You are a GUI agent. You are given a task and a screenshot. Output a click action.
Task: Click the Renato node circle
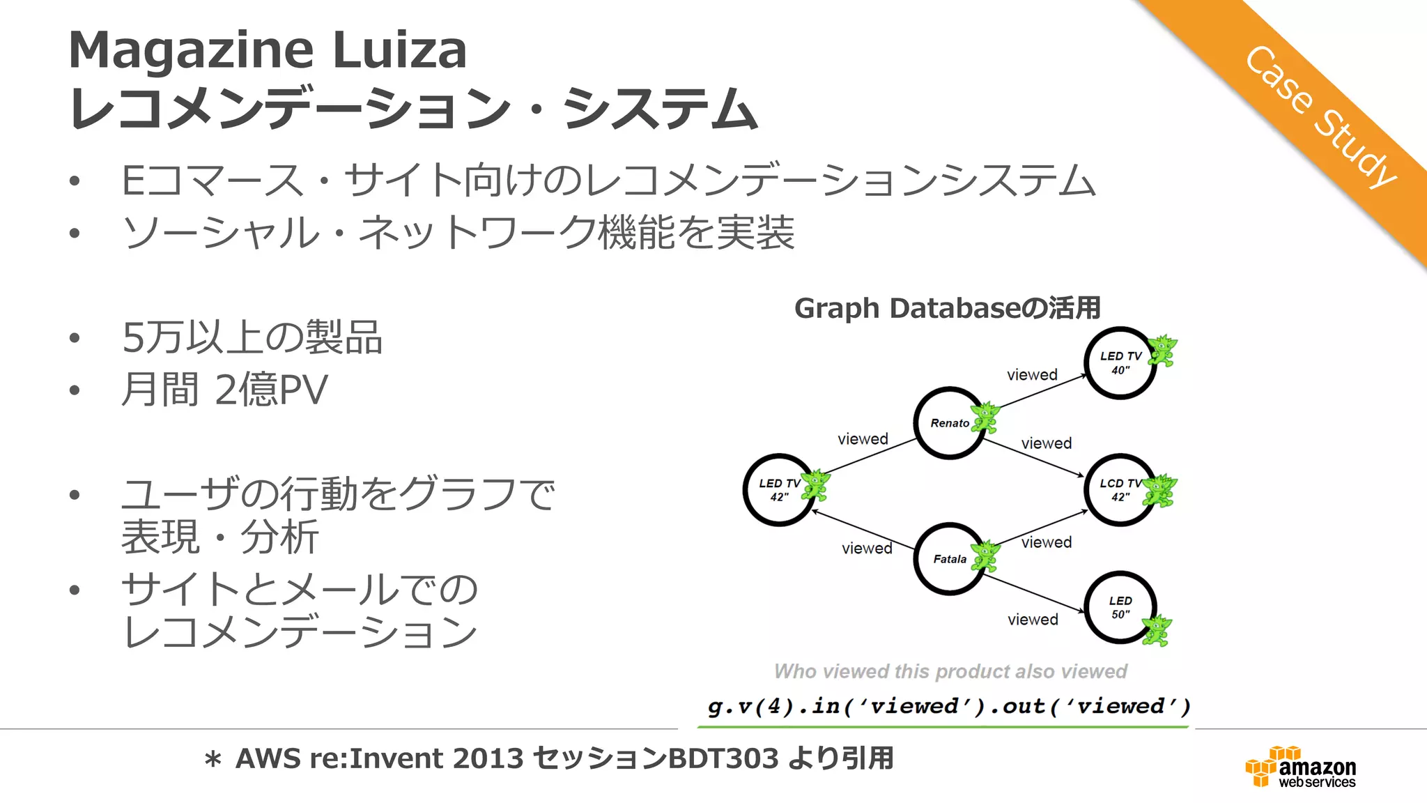coord(949,422)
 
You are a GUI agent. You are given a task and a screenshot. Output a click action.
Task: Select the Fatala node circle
coord(949,558)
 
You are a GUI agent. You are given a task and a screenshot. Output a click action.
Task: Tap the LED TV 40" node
coord(1120,362)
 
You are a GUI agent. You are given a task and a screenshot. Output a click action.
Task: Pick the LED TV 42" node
coord(778,489)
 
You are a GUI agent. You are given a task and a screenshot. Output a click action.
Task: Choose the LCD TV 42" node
coord(1119,489)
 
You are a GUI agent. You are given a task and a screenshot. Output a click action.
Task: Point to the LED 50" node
coord(1120,607)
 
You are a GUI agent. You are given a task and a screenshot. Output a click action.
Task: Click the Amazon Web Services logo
coord(1300,767)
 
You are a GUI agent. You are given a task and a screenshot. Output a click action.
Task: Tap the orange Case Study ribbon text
coord(1320,116)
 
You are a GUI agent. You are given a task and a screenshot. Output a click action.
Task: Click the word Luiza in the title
coord(399,50)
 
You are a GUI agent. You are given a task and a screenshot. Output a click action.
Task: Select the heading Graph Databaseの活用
coord(947,307)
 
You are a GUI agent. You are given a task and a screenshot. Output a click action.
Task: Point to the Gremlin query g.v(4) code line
coord(948,706)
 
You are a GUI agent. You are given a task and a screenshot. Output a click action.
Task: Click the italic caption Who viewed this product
coord(950,671)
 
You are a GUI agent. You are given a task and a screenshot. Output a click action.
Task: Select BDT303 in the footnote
coord(723,758)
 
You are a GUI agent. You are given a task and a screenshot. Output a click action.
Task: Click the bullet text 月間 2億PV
coord(224,389)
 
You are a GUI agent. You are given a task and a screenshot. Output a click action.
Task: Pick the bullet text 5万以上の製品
coord(252,337)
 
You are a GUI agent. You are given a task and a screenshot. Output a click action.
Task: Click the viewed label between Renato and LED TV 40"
coord(1032,374)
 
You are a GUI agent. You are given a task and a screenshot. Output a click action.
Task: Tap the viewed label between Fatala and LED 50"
coord(1033,619)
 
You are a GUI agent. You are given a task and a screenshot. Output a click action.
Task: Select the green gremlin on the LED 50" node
coord(1157,630)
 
